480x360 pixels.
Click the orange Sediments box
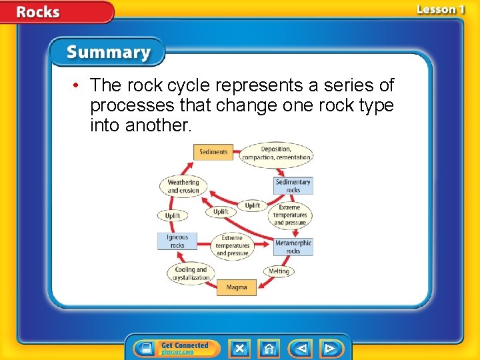213,152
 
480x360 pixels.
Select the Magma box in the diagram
236,287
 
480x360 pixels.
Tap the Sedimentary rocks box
293,186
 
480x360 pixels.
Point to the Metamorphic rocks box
293,247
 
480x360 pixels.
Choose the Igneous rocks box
177,241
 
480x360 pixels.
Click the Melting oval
279,271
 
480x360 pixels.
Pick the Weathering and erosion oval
183,186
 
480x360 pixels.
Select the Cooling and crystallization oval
191,273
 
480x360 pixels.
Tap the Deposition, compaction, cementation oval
276,153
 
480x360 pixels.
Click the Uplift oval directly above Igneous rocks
173,216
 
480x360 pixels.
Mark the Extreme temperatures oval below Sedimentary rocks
290,215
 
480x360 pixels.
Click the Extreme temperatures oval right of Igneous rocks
232,245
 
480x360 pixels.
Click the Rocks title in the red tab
38,12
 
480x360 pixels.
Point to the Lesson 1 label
440,9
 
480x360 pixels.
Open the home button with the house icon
269,348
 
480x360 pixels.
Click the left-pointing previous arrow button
301,348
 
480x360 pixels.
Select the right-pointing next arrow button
329,348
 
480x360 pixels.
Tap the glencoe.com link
177,351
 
